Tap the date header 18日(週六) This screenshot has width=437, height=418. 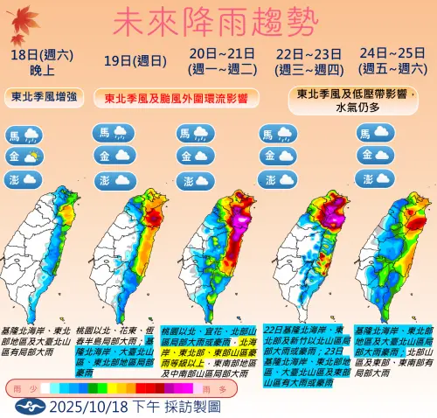pyautogui.click(x=35, y=53)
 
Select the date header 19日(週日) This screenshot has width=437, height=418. pyautogui.click(x=124, y=60)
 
